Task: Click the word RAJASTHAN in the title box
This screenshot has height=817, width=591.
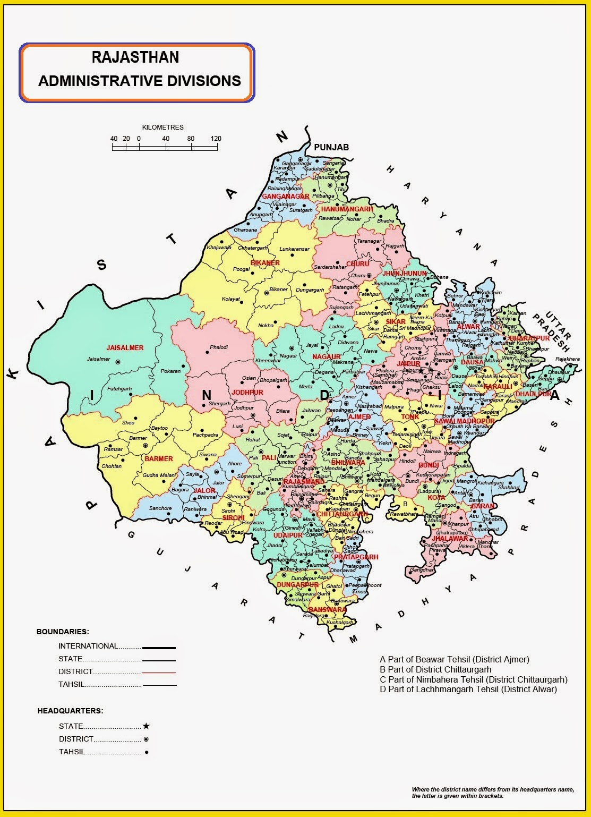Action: (x=135, y=57)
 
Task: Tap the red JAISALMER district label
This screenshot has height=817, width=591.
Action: (x=125, y=348)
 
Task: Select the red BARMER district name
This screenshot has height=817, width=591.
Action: (x=159, y=458)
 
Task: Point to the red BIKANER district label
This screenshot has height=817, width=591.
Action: (x=265, y=263)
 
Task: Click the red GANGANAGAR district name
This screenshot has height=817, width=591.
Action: (x=286, y=197)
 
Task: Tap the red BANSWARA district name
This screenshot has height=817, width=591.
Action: (x=328, y=609)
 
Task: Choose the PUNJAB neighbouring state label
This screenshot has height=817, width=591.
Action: (x=331, y=147)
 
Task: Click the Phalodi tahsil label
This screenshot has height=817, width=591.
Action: (x=219, y=347)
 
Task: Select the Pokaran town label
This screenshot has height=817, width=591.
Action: (x=170, y=371)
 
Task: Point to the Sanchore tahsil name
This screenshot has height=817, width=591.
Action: (x=160, y=508)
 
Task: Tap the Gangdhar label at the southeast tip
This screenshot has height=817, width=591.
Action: (x=422, y=570)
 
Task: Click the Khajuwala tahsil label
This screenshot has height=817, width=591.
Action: (x=219, y=248)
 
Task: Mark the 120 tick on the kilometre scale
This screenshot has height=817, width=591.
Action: (x=216, y=139)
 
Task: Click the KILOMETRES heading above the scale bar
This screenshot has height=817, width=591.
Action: (x=163, y=127)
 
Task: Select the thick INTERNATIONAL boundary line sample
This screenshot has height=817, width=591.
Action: (x=158, y=648)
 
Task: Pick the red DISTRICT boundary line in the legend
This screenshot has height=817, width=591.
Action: (x=158, y=673)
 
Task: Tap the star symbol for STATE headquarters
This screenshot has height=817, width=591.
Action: (x=146, y=726)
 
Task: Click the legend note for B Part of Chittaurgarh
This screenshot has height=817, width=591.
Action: (x=435, y=669)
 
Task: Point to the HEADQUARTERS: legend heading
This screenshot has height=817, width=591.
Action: (x=70, y=711)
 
